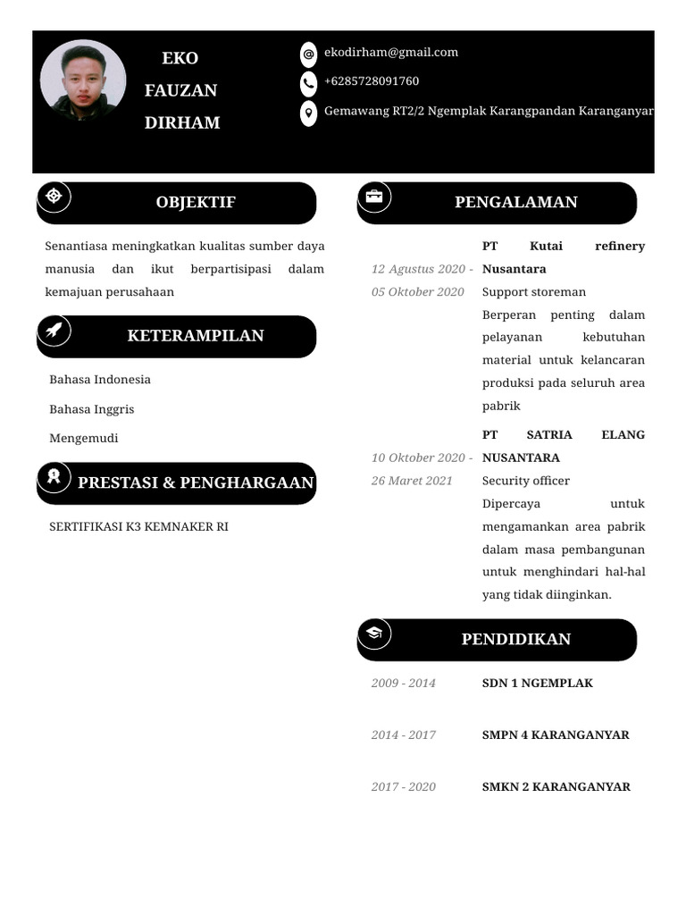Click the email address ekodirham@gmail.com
(x=390, y=53)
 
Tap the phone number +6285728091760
(x=371, y=81)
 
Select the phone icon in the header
(x=308, y=83)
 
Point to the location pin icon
(x=308, y=113)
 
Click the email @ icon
(x=308, y=54)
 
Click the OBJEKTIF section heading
(x=196, y=202)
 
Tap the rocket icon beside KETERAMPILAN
(x=54, y=331)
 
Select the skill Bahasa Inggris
(x=91, y=409)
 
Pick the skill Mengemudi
(x=83, y=438)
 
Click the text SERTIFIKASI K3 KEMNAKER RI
(x=138, y=527)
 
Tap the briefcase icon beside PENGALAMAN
(x=374, y=197)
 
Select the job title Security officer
(x=525, y=481)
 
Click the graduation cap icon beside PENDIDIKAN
(x=374, y=634)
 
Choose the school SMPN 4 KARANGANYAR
(x=556, y=735)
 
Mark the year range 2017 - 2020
(x=404, y=787)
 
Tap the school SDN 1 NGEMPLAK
(x=537, y=684)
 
